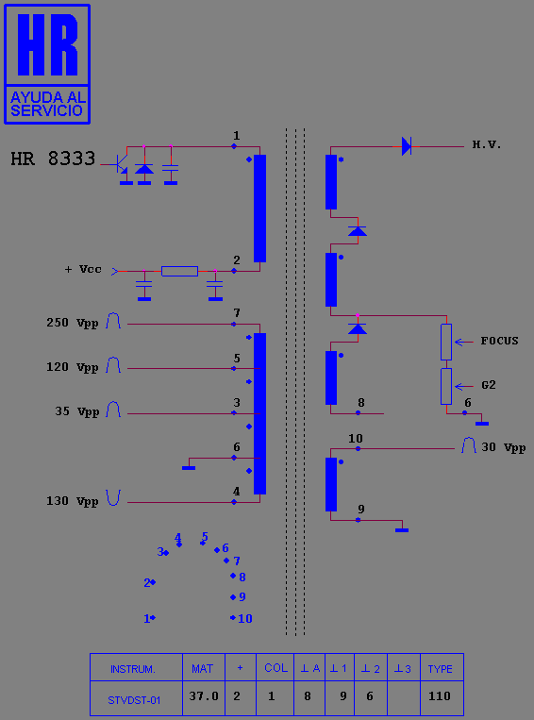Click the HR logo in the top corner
47,64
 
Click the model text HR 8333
53,159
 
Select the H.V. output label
487,145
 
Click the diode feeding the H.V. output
407,146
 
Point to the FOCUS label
499,341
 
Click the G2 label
489,385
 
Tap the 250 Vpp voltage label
73,323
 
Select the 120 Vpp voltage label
73,367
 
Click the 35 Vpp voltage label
77,411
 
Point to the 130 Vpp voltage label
73,501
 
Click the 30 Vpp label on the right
504,447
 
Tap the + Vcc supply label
83,269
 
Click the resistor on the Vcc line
179,271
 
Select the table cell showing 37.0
204,696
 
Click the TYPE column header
441,669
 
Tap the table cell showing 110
440,696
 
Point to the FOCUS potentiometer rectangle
446,343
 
